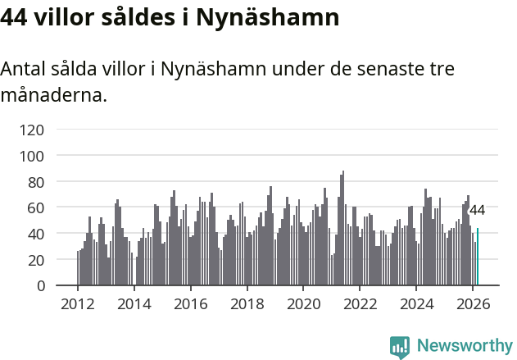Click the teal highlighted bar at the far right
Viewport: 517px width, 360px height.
click(x=478, y=257)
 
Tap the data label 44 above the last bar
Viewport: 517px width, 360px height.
click(x=477, y=210)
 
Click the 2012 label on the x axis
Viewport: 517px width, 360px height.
click(x=78, y=304)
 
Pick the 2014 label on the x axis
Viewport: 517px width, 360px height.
click(x=134, y=304)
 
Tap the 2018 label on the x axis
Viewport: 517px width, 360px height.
click(x=247, y=304)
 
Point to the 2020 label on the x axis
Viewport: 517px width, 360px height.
click(x=303, y=304)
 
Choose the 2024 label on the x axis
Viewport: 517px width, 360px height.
click(x=416, y=304)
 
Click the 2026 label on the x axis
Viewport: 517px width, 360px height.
click(x=473, y=304)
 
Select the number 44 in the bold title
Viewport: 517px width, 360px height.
click(x=15, y=16)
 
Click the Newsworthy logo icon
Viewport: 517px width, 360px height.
click(x=400, y=347)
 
